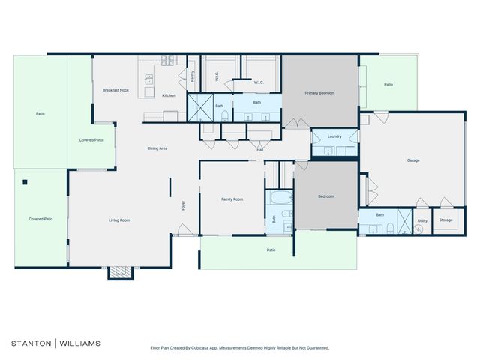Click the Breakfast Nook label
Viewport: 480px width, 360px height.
pyautogui.click(x=115, y=90)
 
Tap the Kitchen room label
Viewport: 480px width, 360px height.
pyautogui.click(x=169, y=95)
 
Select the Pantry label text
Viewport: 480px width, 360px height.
pyautogui.click(x=192, y=76)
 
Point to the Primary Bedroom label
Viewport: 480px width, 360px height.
pyautogui.click(x=319, y=93)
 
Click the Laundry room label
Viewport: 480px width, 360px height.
pyautogui.click(x=334, y=136)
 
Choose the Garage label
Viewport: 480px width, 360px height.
pyautogui.click(x=412, y=160)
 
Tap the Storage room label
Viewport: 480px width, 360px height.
pyautogui.click(x=445, y=220)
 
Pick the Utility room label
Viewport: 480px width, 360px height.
pyautogui.click(x=422, y=221)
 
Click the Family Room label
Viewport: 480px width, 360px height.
pyautogui.click(x=232, y=199)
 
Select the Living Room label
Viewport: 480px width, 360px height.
pyautogui.click(x=119, y=220)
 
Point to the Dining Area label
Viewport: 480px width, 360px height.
pyautogui.click(x=157, y=148)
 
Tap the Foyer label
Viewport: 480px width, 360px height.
pyautogui.click(x=182, y=205)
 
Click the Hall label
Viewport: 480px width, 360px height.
pyautogui.click(x=260, y=150)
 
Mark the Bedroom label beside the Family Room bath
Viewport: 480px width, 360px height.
pyautogui.click(x=325, y=196)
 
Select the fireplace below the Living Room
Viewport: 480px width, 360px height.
pyautogui.click(x=119, y=272)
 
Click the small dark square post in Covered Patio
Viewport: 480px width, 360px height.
pyautogui.click(x=25, y=182)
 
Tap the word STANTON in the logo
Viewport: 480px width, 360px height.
pyautogui.click(x=30, y=343)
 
